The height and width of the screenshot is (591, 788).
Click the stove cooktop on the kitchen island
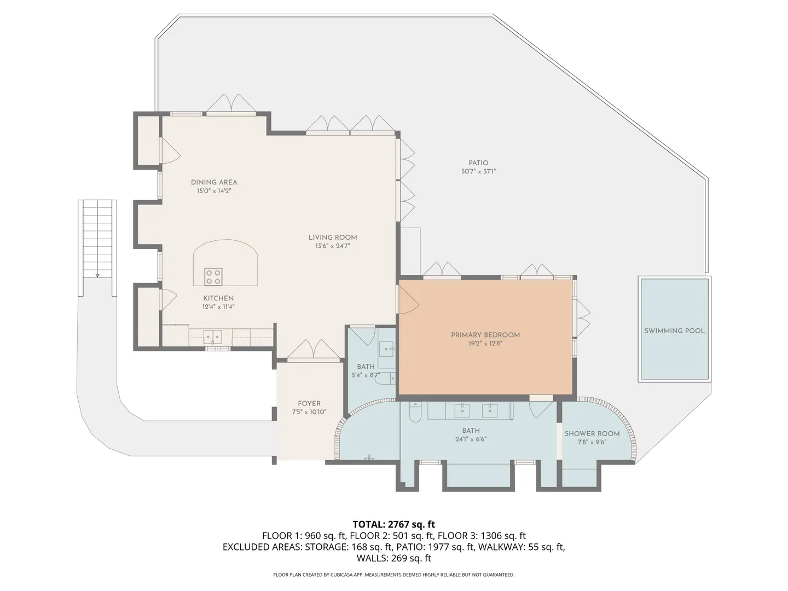pos(213,277)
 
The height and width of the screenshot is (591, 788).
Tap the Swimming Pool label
pos(674,331)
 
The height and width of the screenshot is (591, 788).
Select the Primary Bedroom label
pos(485,335)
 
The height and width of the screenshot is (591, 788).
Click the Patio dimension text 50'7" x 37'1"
pos(478,171)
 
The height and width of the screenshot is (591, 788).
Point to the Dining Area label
pos(214,182)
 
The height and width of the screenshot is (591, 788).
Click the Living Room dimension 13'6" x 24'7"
pos(332,246)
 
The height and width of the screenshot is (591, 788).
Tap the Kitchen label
pos(218,298)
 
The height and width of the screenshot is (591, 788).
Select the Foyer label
pos(309,403)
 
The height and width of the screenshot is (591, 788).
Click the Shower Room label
pos(592,433)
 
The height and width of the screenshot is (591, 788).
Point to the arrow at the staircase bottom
pos(97,275)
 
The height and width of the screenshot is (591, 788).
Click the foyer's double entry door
pos(314,349)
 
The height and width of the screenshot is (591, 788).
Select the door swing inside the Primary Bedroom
pos(409,302)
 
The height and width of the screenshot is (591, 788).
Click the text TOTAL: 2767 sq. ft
pos(394,524)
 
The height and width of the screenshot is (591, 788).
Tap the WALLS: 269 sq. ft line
pos(394,558)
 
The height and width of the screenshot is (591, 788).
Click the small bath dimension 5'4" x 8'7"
pos(366,375)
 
